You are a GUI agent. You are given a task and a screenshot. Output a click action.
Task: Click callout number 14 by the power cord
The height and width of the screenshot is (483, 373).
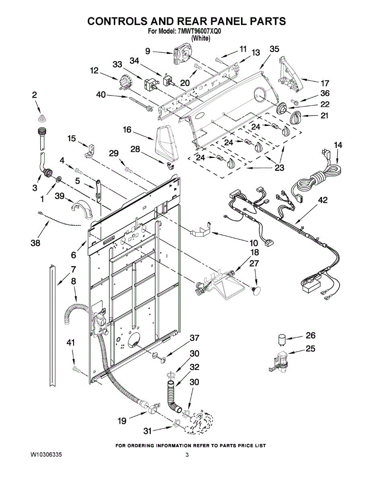coord(338,145)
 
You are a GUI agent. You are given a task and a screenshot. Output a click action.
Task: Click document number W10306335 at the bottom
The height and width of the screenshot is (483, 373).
coord(46,455)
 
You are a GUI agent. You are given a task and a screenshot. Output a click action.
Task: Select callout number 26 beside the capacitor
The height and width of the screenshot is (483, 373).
coord(311,335)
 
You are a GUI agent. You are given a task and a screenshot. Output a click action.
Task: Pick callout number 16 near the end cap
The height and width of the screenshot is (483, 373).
coord(127,130)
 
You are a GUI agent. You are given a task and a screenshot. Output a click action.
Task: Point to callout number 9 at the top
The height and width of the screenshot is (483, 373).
coord(148,51)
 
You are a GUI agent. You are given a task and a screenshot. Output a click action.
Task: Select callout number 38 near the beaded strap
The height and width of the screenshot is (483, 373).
coord(36,243)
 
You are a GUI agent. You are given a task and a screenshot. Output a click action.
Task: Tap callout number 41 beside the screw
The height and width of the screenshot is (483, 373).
coord(71,343)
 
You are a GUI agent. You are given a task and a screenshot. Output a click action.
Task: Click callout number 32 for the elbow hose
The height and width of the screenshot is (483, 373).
coord(195,367)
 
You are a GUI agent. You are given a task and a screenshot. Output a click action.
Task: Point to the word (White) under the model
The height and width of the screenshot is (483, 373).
coord(200,38)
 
